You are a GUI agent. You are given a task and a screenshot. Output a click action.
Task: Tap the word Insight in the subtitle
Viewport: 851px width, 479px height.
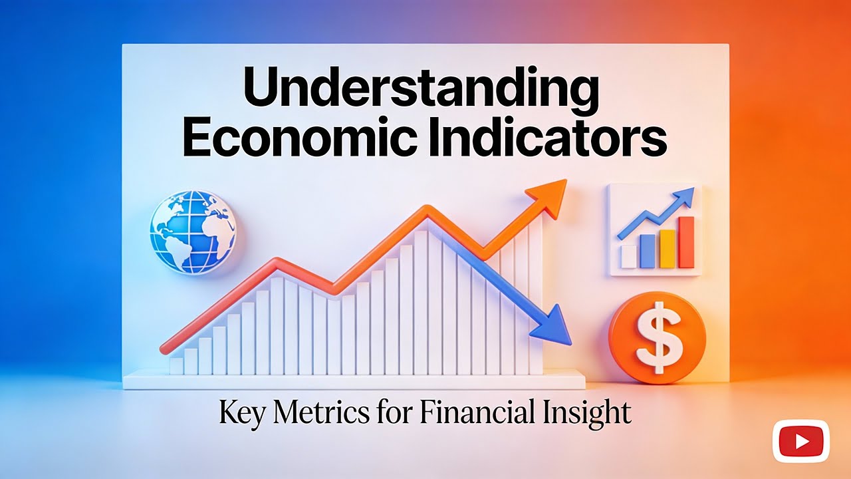click(590, 413)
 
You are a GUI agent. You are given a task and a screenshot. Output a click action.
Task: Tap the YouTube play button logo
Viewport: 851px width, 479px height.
click(800, 441)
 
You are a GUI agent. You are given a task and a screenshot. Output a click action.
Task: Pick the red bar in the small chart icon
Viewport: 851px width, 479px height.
click(685, 242)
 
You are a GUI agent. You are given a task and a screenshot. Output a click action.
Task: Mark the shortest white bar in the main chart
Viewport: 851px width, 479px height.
click(176, 365)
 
